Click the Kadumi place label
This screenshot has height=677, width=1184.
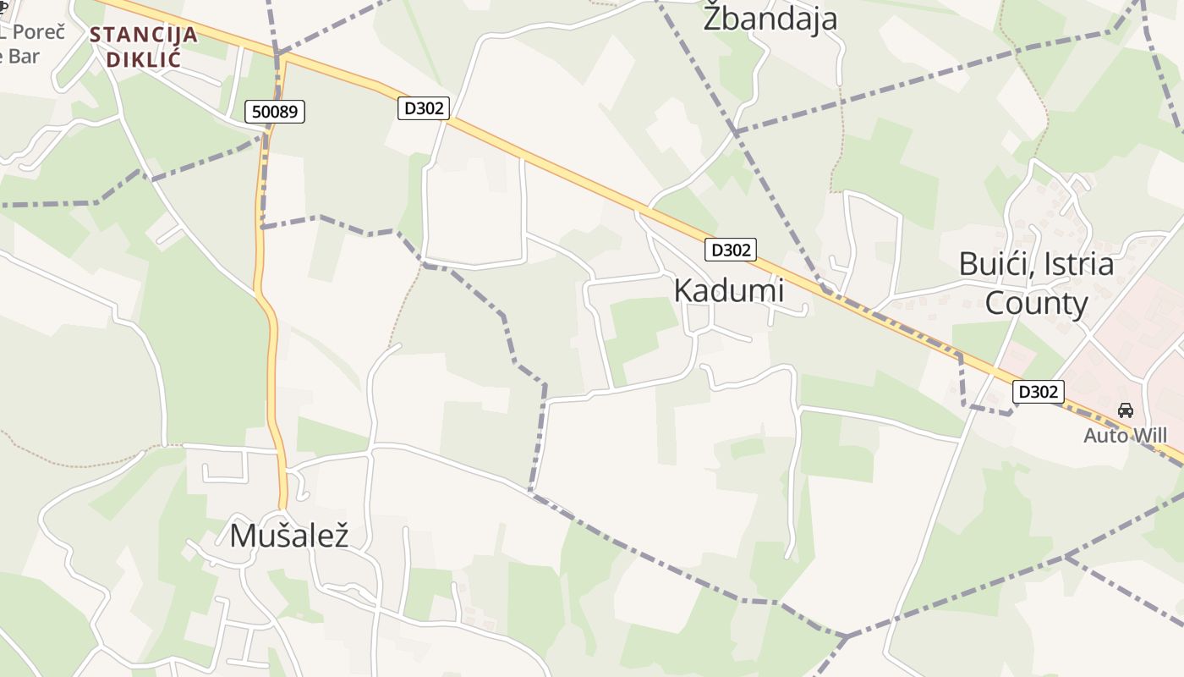coord(728,290)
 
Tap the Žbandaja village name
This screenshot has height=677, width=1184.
coord(770,19)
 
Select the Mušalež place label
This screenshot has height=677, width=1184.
coord(289,536)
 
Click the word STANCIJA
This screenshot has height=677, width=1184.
coord(143,36)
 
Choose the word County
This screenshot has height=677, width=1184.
coord(1036,303)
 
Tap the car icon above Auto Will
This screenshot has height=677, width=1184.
coord(1125,410)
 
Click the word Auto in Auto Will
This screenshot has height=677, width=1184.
coord(1105,436)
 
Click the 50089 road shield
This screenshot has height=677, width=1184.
coord(275,111)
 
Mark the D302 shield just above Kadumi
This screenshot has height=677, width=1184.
coord(730,250)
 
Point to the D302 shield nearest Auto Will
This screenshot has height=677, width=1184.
coord(1038,392)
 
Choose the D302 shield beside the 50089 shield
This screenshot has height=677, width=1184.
coord(423,107)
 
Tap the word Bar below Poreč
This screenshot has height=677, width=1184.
coord(24,57)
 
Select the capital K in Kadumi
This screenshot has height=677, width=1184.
coord(683,290)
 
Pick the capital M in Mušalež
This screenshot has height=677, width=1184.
coord(242,536)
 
